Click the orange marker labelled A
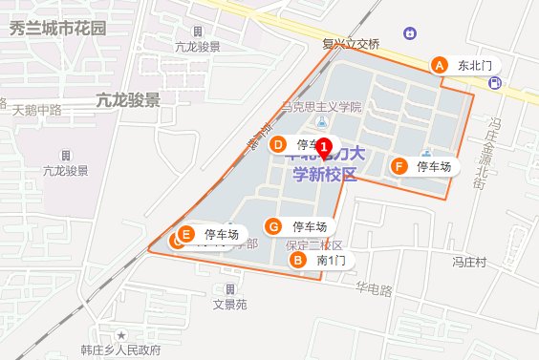pos(440,65)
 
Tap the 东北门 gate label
pos(474,66)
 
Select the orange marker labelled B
pos(298,259)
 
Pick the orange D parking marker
pos(278,145)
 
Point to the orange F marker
pos(399,166)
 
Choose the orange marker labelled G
pos(274,226)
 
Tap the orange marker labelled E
pos(187,233)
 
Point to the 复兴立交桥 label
pos(350,42)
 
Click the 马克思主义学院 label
pos(323,107)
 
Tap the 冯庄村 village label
pos(470,261)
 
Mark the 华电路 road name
pos(374,289)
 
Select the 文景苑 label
pos(229,305)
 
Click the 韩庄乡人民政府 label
pos(120,349)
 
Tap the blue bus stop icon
pos(494,83)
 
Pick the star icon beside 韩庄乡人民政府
pos(121,335)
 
